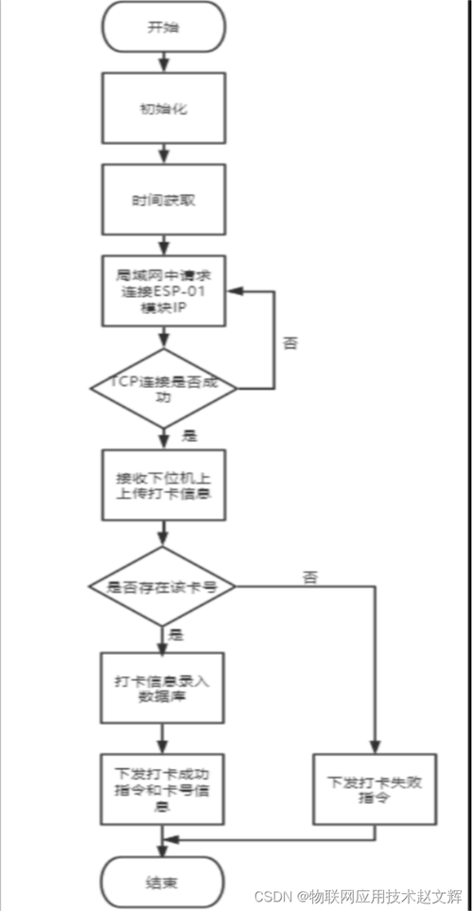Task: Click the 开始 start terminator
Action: (x=164, y=26)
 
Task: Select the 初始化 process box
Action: (x=164, y=109)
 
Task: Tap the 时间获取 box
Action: (x=164, y=201)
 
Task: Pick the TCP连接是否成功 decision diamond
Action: (x=164, y=387)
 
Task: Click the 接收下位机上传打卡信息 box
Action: (x=164, y=484)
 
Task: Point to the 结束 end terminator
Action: (x=164, y=882)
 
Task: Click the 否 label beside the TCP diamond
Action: (x=290, y=342)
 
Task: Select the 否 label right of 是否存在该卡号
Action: (x=309, y=575)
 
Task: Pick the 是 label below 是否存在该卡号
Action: (x=176, y=635)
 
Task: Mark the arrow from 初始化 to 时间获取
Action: (x=165, y=151)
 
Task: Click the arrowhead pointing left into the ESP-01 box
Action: (x=236, y=293)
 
